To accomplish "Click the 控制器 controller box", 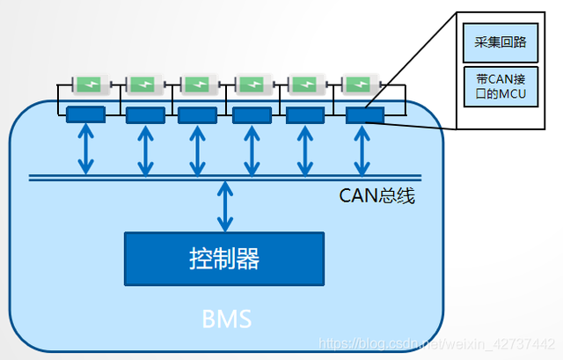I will tap(223, 258).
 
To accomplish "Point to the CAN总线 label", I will tap(377, 195).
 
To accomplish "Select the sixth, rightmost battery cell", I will tap(361, 84).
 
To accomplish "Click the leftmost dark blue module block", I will tap(85, 114).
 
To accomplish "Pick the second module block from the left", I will tap(144, 114).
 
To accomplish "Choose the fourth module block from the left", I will tap(251, 114).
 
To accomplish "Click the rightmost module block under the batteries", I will tap(360, 114).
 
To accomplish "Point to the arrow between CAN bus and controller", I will tap(225, 206).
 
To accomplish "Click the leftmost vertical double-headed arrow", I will tap(85, 149).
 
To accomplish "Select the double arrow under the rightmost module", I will tap(360, 149).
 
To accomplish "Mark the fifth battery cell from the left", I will tap(305, 84).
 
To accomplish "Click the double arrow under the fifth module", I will tap(304, 149).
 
